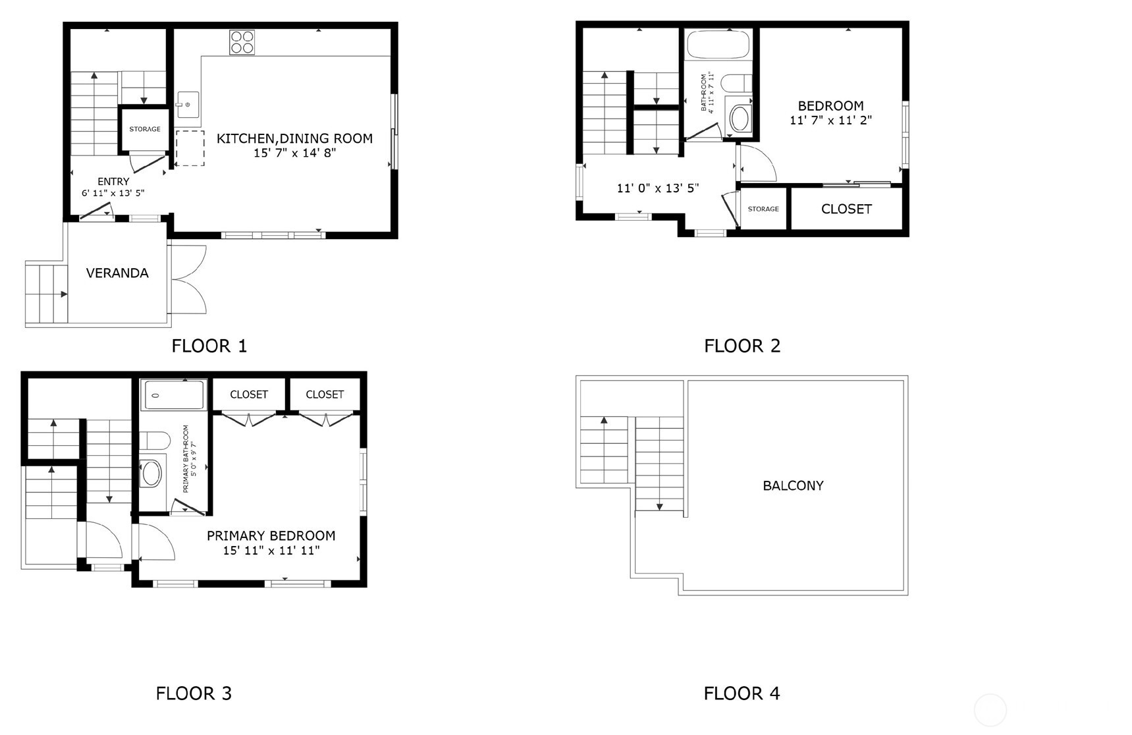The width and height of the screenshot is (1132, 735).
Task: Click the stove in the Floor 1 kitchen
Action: click(242, 42)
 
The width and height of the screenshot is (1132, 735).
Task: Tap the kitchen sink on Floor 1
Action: click(188, 105)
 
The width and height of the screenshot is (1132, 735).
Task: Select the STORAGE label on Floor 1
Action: click(145, 129)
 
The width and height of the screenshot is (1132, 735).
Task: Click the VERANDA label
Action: click(117, 273)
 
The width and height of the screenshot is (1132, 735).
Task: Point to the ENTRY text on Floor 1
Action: click(113, 181)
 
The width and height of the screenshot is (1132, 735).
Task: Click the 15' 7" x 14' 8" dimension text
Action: click(295, 153)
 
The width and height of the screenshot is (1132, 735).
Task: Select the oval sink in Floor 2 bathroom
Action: click(740, 119)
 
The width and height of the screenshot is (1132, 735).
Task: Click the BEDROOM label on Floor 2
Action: click(831, 105)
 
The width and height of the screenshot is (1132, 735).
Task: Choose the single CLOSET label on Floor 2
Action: click(846, 209)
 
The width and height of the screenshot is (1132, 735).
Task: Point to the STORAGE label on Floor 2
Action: click(763, 209)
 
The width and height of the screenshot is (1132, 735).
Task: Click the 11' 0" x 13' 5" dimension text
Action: click(658, 188)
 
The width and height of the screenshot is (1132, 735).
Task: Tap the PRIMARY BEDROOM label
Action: click(271, 535)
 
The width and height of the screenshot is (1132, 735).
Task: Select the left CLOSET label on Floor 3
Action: click(249, 395)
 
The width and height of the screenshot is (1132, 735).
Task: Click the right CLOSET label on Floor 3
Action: click(325, 395)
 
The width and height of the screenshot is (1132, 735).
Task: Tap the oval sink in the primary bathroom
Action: click(151, 473)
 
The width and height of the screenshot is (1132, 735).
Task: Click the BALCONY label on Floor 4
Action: click(793, 486)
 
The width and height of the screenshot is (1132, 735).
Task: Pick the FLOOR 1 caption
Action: click(209, 346)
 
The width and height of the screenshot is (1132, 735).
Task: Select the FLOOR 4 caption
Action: click(741, 694)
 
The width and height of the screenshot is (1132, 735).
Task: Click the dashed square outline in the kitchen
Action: click(190, 148)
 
